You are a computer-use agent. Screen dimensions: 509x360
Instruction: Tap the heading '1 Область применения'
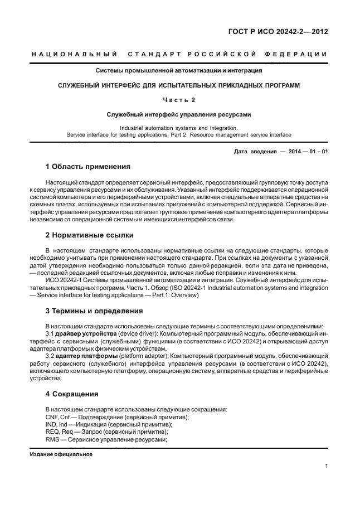87,166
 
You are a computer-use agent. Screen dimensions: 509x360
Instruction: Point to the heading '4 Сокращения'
72,394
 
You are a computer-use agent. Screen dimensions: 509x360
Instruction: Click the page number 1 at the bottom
325,466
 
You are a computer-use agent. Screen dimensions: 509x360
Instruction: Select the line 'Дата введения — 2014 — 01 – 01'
281,152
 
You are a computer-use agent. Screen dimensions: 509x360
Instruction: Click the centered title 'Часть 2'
179,100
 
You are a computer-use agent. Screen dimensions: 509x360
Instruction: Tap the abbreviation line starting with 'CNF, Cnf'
116,417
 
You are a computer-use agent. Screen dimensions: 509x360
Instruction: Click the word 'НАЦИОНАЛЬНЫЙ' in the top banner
74,54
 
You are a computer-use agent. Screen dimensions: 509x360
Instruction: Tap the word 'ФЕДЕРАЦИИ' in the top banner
299,54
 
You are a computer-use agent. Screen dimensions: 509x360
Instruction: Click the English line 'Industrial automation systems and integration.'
179,128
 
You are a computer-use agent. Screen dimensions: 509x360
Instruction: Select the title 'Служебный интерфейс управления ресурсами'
179,114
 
